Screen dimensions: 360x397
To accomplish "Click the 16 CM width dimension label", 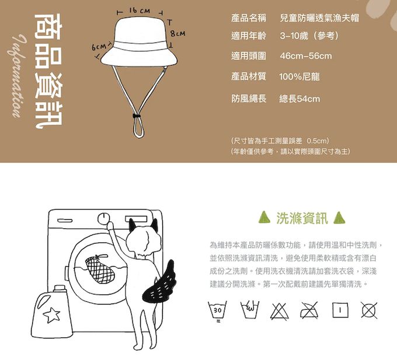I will [140, 11].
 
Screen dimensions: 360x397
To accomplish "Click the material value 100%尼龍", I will [299, 76].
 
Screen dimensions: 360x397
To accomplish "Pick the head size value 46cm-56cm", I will [305, 56].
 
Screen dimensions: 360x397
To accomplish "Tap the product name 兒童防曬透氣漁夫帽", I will [319, 18].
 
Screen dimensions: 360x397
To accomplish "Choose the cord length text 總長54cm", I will [300, 99].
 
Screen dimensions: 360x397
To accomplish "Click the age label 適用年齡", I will [249, 36].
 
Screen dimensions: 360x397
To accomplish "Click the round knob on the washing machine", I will [105, 219].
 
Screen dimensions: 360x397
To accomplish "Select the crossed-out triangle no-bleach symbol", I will [278, 310].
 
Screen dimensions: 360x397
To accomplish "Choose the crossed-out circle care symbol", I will [368, 310].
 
